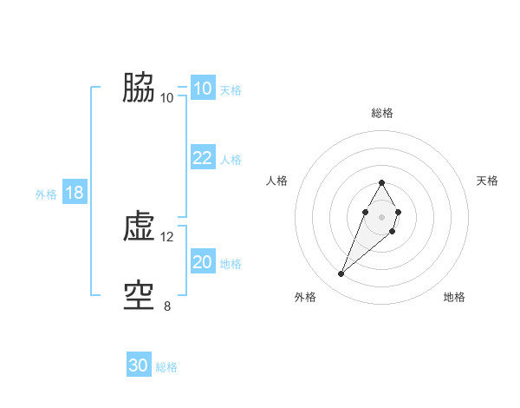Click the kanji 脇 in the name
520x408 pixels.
pyautogui.click(x=139, y=88)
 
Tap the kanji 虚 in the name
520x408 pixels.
pyautogui.click(x=139, y=227)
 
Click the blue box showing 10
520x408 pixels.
pyautogui.click(x=202, y=89)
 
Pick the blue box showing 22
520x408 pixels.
pyautogui.click(x=202, y=158)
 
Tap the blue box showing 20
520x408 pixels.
pyautogui.click(x=202, y=262)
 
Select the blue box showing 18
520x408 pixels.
pyautogui.click(x=75, y=193)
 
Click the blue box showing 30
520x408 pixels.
pyautogui.click(x=139, y=365)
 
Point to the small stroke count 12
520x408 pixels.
pyautogui.click(x=167, y=236)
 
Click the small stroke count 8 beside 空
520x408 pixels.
pyautogui.click(x=167, y=306)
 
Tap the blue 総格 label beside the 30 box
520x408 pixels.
pyautogui.click(x=166, y=367)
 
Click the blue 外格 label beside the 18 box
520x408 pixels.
pyautogui.click(x=46, y=194)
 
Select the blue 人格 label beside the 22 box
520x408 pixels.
pyautogui.click(x=231, y=160)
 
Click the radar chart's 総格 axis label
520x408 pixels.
pyautogui.click(x=382, y=113)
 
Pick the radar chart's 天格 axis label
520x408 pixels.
pyautogui.click(x=488, y=181)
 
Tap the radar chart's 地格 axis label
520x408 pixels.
pyautogui.click(x=454, y=298)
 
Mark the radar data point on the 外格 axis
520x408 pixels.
pyautogui.click(x=341, y=274)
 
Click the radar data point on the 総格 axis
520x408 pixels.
pyautogui.click(x=382, y=182)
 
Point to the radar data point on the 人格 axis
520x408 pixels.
pyautogui.click(x=366, y=212)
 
